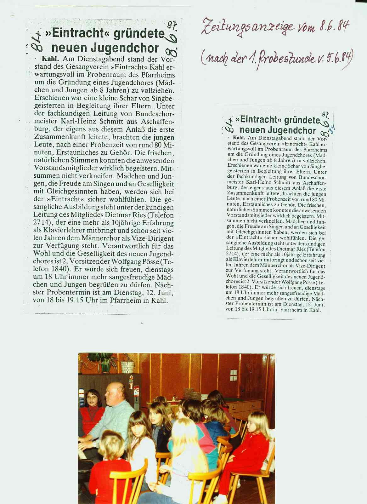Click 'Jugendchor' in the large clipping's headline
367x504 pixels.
(x=105, y=48)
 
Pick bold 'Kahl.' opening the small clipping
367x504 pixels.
(x=239, y=138)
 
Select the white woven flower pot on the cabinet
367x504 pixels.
(x=127, y=367)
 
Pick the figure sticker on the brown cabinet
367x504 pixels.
(x=131, y=383)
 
